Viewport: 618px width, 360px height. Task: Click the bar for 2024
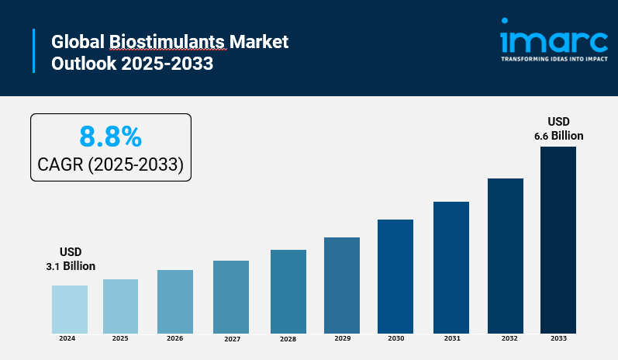coord(70,310)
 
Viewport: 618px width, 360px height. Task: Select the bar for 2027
coord(231,297)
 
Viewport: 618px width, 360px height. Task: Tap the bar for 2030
coord(395,276)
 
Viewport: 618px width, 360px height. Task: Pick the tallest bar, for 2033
coord(558,240)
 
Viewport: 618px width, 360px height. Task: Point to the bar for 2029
coord(342,286)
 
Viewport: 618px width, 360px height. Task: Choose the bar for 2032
coord(506,256)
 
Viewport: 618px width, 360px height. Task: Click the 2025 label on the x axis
coord(120,339)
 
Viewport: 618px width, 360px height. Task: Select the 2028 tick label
coord(288,340)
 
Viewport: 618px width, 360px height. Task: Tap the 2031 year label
coord(451,339)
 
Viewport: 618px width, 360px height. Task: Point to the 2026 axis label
coord(175,339)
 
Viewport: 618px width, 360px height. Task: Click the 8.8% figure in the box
coord(110,137)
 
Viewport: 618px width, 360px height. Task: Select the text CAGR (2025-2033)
coord(110,164)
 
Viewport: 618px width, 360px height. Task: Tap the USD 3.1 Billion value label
coord(70,259)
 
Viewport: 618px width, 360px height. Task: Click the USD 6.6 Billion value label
coord(558,129)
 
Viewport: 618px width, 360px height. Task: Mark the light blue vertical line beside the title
coord(34,51)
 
